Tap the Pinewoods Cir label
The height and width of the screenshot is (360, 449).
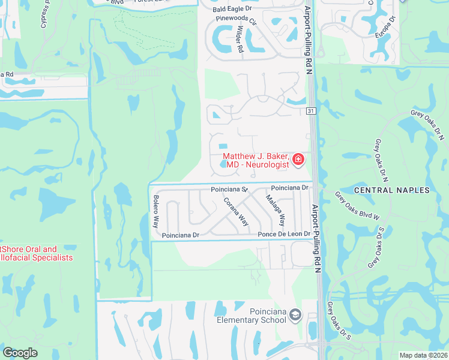tap(236, 20)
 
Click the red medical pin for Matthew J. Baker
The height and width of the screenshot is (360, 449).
tap(298, 160)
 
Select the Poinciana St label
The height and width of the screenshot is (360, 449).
tap(229, 189)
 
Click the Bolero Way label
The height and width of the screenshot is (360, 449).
tap(155, 211)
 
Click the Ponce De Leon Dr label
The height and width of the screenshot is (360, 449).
tap(284, 234)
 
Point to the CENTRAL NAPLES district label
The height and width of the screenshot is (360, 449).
tap(392, 190)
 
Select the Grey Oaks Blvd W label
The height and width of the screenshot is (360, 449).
tap(358, 206)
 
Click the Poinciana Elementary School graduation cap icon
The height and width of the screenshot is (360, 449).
tap(295, 314)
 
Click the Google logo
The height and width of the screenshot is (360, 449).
tap(20, 353)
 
